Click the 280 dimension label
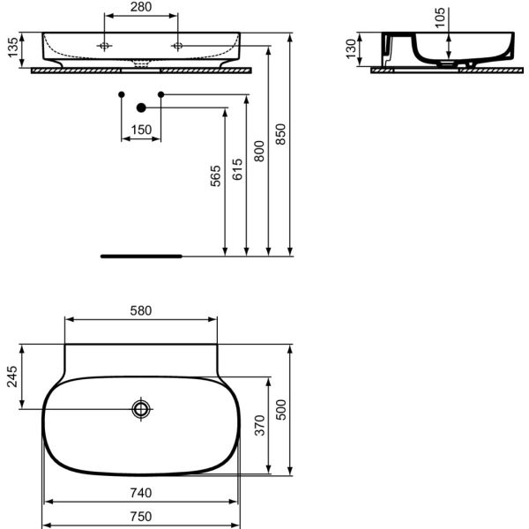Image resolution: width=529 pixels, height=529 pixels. click(141, 7)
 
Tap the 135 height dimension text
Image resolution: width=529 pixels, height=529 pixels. click(13, 48)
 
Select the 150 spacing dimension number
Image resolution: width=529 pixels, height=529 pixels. click(141, 130)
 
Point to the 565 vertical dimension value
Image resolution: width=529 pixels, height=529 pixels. click(215, 175)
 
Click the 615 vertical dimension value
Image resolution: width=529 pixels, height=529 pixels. click(237, 169)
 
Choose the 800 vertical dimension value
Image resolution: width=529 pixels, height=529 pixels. click(259, 151)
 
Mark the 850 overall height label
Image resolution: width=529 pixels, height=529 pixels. click(280, 134)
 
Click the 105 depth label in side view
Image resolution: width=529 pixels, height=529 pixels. click(440, 18)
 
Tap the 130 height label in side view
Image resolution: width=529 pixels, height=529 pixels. click(351, 48)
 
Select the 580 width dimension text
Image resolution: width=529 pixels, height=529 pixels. click(141, 310)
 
